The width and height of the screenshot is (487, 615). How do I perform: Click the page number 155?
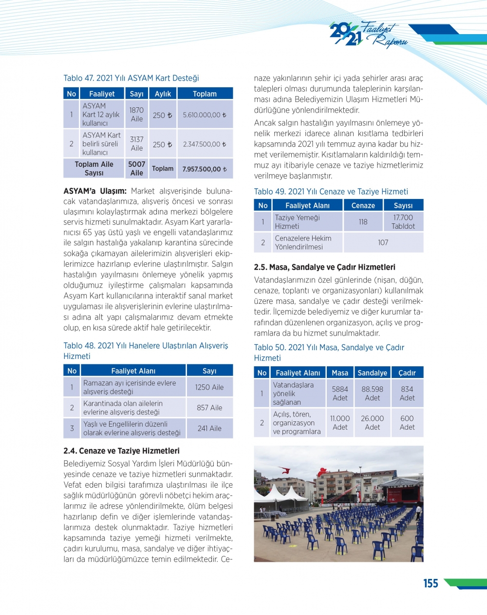coord(431,583)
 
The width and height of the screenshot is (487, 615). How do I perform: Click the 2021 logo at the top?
coord(346,35)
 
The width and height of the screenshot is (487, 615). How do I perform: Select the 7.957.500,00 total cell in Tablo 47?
coord(205,169)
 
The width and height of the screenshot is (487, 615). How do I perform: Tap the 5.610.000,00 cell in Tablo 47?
coord(205,115)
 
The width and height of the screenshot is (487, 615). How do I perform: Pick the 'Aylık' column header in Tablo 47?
coord(163,94)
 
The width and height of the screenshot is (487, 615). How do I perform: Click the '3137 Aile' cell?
coord(137,144)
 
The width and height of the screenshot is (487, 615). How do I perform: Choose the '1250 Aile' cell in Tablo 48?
coord(209,387)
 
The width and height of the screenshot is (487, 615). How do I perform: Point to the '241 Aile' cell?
coord(209,428)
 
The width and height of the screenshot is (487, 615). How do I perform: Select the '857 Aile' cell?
coord(209,408)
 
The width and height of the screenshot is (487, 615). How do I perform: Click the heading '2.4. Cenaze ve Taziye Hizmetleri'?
coord(121,451)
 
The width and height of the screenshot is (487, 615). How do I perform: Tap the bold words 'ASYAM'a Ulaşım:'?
coord(95,191)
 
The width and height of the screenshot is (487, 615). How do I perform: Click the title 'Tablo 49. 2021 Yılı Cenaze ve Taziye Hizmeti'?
coord(331,192)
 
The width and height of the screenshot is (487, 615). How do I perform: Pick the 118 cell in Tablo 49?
coord(363,222)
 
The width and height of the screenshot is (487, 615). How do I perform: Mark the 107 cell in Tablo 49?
coord(383,242)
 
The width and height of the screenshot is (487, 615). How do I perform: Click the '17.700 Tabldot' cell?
coord(403,222)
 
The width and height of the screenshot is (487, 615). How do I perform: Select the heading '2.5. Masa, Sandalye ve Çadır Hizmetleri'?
coord(324,267)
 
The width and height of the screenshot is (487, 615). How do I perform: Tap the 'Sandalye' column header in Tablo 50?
coord(372,373)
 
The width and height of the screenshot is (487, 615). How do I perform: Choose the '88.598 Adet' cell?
coord(372,394)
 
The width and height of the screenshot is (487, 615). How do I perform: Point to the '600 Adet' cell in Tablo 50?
coord(407,423)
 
